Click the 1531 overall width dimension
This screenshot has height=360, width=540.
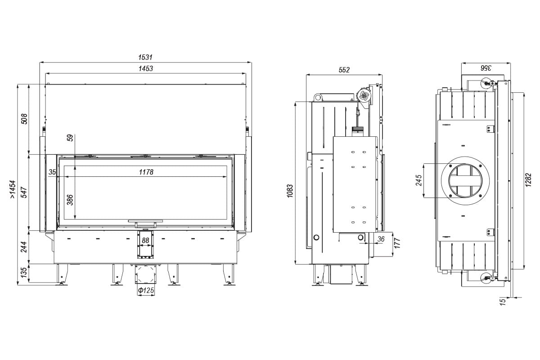coord(145,58)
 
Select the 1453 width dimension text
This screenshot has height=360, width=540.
coord(146,68)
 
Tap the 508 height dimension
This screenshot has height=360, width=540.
coord(25,119)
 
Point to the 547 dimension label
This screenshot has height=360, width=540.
coord(24,192)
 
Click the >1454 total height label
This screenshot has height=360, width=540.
coord(13,189)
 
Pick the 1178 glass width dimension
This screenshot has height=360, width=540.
coord(146,172)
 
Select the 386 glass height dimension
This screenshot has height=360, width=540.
coord(70,200)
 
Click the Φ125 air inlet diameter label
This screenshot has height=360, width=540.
coord(146,290)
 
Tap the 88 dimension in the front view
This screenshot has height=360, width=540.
coord(145,240)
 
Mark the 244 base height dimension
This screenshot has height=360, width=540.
coord(24,247)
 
